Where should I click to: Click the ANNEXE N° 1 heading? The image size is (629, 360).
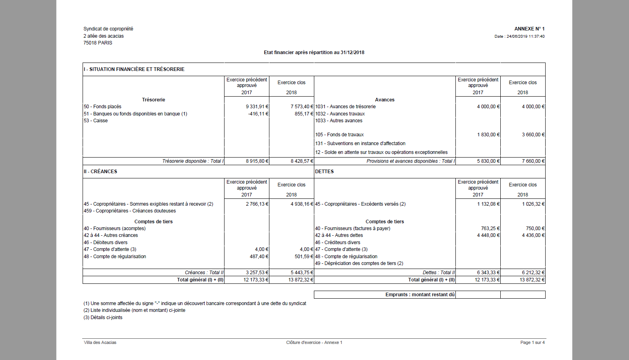click(x=529, y=29)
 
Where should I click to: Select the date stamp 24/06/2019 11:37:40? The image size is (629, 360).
click(x=525, y=36)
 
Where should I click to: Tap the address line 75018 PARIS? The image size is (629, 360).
click(x=98, y=43)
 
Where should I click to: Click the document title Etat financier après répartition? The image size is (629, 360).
click(x=314, y=53)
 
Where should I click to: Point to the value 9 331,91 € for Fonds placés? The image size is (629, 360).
click(x=257, y=107)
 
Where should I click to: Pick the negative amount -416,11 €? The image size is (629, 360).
click(x=258, y=114)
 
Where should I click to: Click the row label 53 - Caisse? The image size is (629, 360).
click(x=96, y=121)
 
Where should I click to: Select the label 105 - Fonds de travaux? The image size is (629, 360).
click(x=339, y=135)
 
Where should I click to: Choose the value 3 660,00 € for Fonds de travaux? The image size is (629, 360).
click(x=533, y=135)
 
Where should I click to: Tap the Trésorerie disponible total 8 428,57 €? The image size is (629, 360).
click(x=302, y=161)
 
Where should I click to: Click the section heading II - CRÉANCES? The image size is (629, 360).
click(x=101, y=172)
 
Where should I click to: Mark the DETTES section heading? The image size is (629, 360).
click(x=324, y=172)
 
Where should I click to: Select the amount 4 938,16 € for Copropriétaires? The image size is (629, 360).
click(x=302, y=204)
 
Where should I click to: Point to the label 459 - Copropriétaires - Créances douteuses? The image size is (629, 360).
click(x=130, y=211)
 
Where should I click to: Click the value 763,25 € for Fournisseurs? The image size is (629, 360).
click(x=490, y=229)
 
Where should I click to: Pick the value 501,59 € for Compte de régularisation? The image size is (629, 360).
click(x=304, y=257)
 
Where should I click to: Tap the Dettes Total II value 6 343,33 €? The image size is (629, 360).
click(x=488, y=273)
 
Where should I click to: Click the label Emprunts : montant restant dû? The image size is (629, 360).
click(x=420, y=295)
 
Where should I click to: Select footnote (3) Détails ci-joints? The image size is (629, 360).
click(x=103, y=318)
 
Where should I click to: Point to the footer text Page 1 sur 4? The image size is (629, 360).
click(x=532, y=343)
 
